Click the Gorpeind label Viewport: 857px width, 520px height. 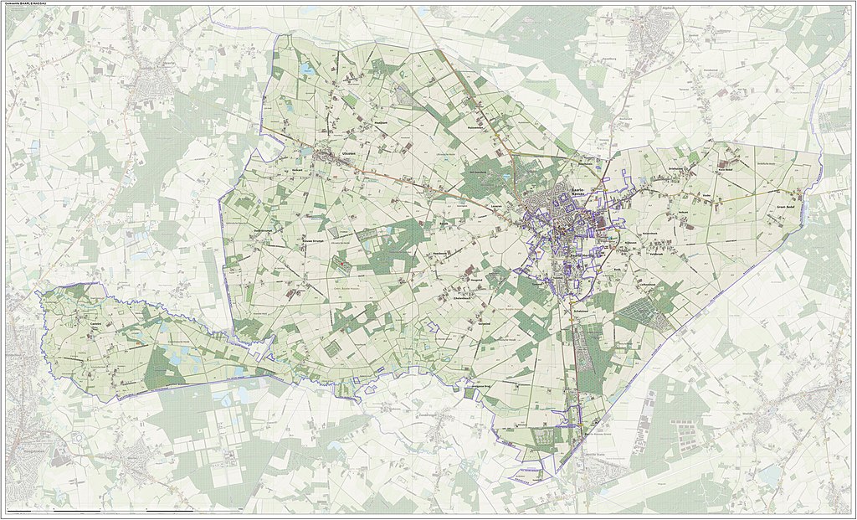485,323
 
